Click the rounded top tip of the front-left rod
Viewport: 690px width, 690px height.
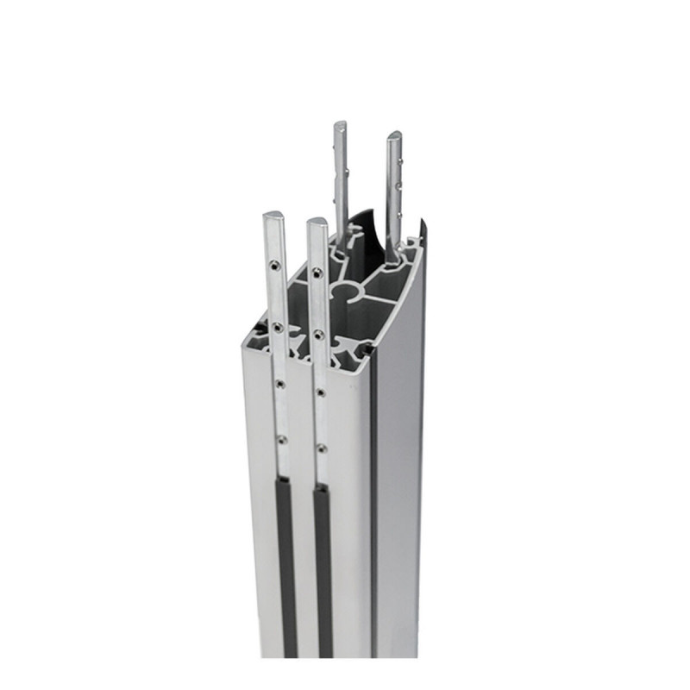click(x=273, y=216)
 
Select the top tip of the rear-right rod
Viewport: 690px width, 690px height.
click(x=394, y=136)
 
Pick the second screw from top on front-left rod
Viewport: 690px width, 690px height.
click(x=277, y=327)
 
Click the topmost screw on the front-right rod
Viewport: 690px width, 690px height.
click(x=317, y=273)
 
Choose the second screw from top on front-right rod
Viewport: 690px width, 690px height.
click(x=319, y=333)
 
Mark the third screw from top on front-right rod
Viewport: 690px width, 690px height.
click(x=320, y=392)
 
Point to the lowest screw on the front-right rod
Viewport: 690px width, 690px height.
click(x=321, y=448)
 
